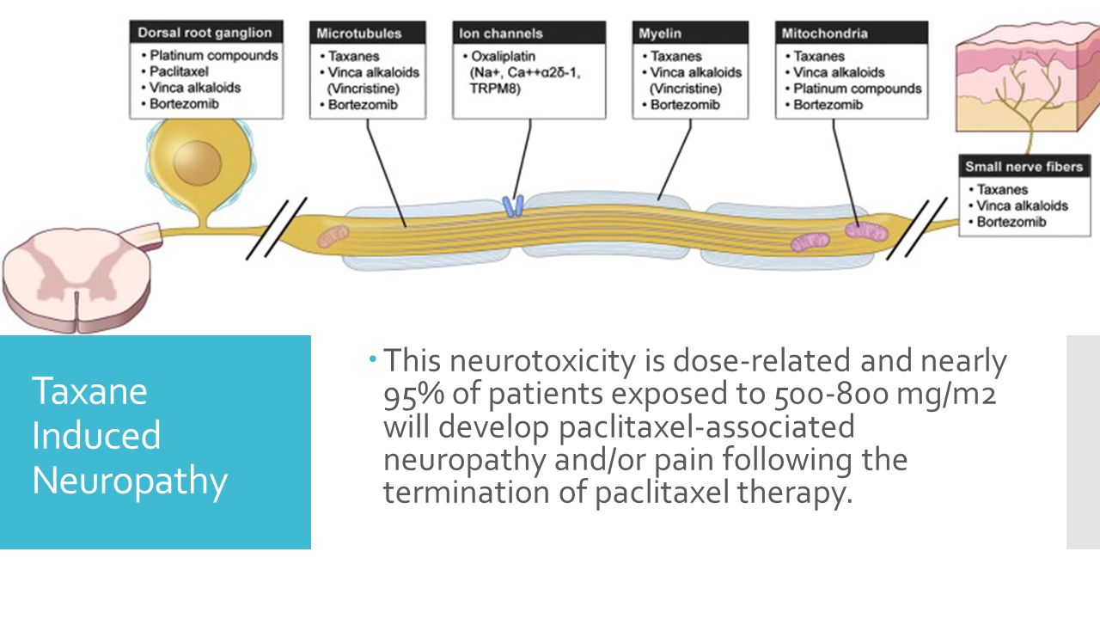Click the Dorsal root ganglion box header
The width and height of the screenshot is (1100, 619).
[x=205, y=33]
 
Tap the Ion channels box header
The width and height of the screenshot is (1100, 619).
[x=501, y=34]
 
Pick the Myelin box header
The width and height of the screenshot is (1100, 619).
[x=660, y=34]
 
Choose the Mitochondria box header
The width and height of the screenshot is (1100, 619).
[x=824, y=34]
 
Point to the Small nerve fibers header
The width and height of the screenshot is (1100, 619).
[x=1023, y=167]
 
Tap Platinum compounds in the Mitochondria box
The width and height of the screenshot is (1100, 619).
[x=857, y=89]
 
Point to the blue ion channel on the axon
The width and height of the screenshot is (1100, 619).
[x=513, y=205]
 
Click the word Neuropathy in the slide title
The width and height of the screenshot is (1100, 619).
[x=129, y=481]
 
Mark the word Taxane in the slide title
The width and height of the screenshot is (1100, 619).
[x=89, y=392]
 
